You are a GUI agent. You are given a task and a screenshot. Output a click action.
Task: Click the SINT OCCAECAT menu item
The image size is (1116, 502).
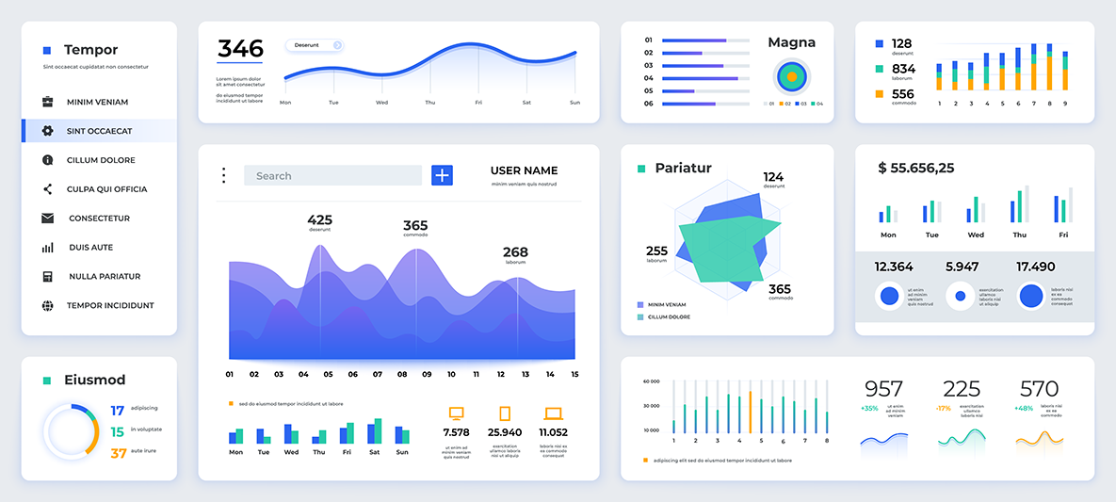point(99,131)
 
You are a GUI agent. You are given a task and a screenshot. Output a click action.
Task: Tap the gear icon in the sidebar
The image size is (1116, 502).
point(48,131)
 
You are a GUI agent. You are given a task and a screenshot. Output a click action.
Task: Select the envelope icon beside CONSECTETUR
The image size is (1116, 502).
point(48,219)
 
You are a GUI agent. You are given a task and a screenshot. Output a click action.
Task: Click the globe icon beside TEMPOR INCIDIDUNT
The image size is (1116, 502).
point(48,306)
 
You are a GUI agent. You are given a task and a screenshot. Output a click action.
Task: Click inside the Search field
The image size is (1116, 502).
point(332,176)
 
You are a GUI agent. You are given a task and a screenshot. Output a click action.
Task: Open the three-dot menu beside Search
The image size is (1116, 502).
point(223,175)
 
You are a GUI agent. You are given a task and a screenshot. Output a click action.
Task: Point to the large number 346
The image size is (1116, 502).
point(239,49)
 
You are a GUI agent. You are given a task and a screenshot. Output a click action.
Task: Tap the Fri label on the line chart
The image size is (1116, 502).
point(478,103)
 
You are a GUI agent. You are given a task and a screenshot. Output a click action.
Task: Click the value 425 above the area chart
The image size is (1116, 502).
point(319,220)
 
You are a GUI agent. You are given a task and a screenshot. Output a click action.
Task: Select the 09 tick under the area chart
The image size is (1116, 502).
point(427,374)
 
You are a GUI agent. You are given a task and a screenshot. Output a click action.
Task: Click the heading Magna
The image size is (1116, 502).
point(791,42)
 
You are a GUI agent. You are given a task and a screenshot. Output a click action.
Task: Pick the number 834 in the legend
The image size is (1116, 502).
point(903,69)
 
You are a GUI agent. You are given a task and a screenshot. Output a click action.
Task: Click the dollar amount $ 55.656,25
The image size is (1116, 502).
point(915,168)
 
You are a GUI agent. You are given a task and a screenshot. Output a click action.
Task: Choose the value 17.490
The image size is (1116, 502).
point(1035,267)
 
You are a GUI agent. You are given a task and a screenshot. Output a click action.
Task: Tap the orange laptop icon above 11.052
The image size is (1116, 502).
point(553,413)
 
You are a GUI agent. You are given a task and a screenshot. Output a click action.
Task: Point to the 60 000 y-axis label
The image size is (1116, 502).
point(652,381)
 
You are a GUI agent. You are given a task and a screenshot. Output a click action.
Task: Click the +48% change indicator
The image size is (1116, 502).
point(1024,408)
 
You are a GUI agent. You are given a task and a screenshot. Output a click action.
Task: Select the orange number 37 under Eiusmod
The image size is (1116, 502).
point(118,453)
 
